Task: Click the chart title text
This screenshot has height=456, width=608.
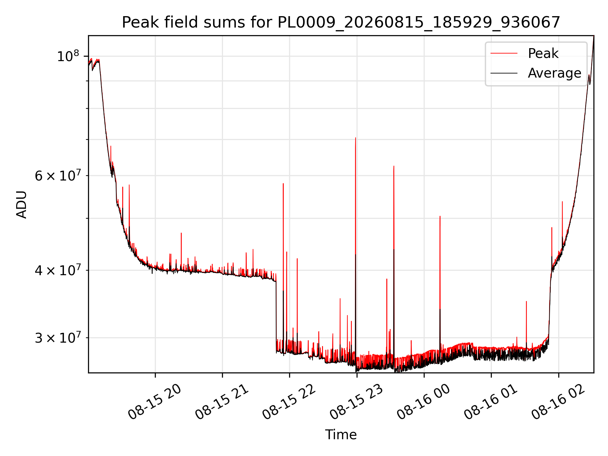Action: (341, 22)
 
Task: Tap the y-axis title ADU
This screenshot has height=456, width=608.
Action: (22, 205)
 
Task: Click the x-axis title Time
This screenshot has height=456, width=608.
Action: (341, 435)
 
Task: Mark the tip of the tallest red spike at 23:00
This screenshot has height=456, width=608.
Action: (356, 138)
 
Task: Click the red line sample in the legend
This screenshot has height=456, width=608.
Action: (504, 54)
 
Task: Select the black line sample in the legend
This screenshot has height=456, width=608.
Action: (504, 73)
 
